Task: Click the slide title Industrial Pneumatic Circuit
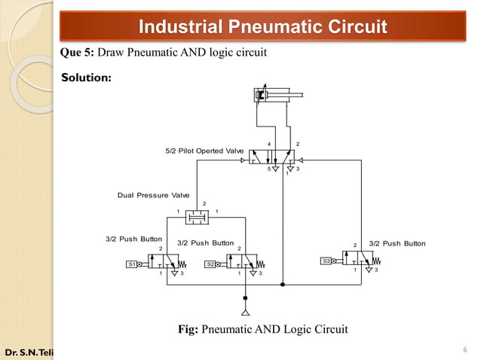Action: (263, 29)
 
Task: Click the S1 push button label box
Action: (132, 264)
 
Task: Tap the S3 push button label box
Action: (326, 261)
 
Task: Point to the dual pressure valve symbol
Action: (198, 217)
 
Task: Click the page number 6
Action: (465, 349)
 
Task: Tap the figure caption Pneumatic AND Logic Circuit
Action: (262, 328)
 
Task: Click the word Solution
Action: (86, 78)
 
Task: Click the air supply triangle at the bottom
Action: (244, 311)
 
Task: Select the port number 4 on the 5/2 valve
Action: (269, 144)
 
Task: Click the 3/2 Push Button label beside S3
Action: (398, 243)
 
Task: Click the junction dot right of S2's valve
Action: (283, 285)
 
